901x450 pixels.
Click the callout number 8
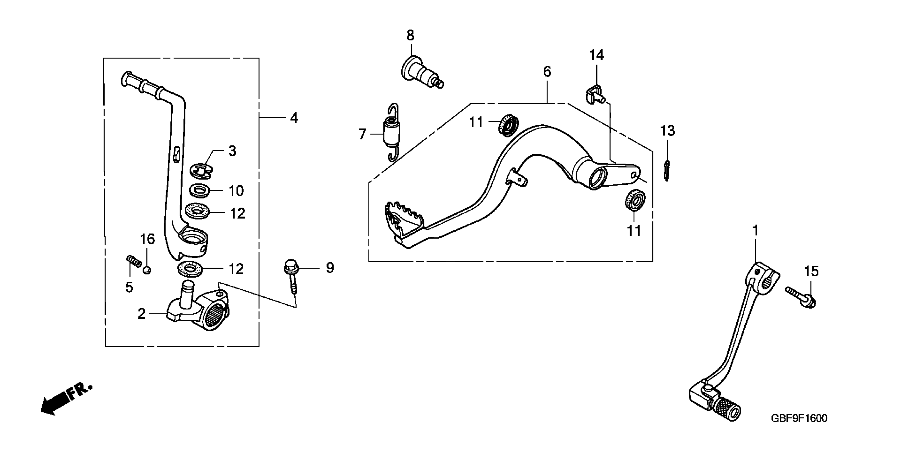tap(410, 35)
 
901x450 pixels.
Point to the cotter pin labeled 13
tap(667, 171)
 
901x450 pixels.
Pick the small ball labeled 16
tap(147, 270)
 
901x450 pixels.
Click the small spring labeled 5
tap(133, 261)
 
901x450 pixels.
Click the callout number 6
tap(547, 72)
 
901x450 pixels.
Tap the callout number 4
tap(294, 118)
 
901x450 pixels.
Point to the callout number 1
tap(755, 231)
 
